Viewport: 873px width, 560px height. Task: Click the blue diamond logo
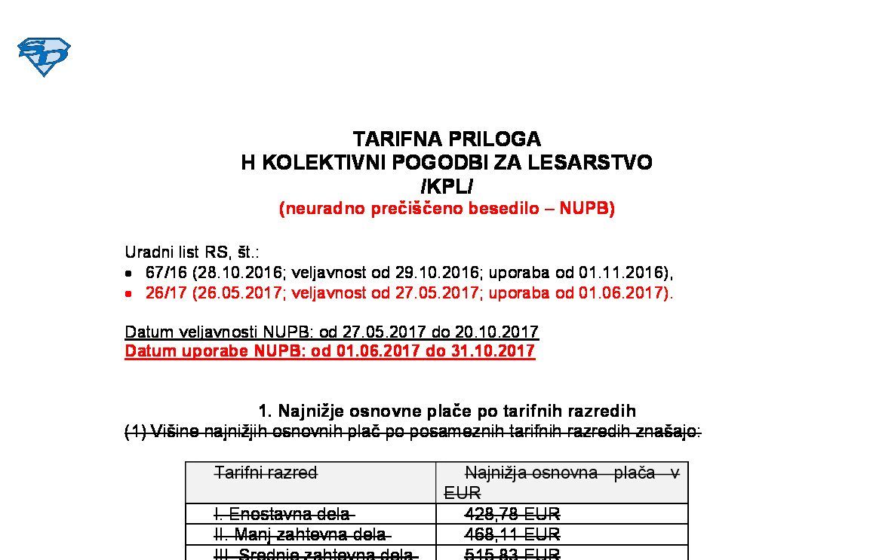44,57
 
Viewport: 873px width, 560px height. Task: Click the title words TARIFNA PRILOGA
447,139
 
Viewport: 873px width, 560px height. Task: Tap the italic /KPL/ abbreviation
447,185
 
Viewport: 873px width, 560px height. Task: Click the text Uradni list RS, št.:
192,252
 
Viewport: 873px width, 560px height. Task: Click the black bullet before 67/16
129,274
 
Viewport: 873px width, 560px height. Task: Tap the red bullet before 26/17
129,294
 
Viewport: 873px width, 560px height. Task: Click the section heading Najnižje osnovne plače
447,411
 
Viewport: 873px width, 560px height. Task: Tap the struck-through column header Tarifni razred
266,473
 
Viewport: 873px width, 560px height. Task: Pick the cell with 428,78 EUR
512,514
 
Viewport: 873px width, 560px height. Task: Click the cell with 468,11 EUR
512,534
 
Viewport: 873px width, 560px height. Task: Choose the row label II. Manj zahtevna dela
301,534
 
